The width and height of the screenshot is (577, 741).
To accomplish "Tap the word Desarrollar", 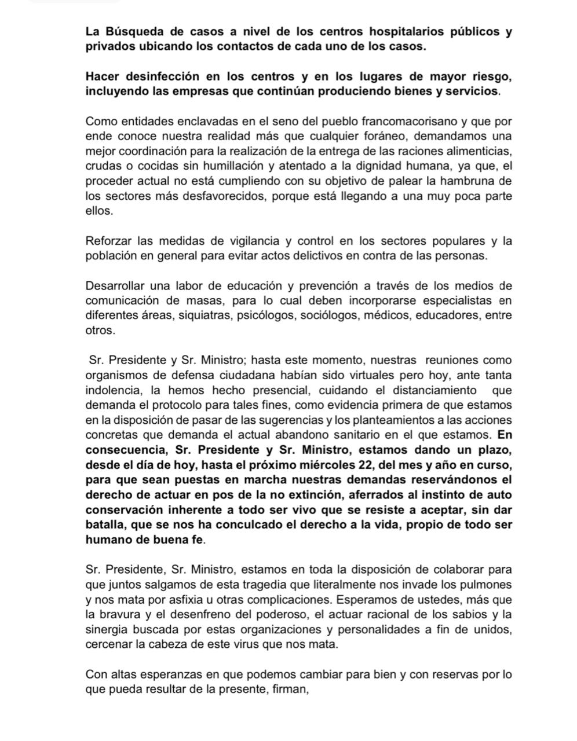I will [x=116, y=285].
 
